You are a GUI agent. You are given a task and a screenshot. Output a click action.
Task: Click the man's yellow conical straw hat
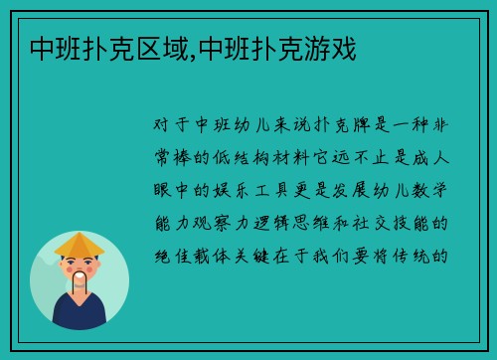coord(80,245)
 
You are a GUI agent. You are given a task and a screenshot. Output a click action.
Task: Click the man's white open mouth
coord(80,277)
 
